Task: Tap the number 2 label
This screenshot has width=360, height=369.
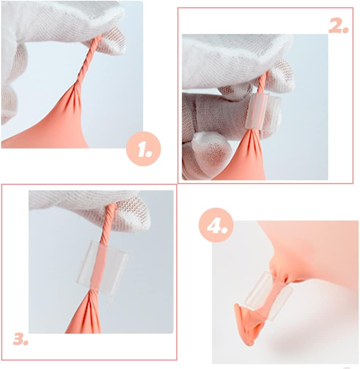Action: (x=338, y=25)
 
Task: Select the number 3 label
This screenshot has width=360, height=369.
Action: (x=21, y=339)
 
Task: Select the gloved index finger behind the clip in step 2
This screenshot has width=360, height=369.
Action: (x=220, y=110)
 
